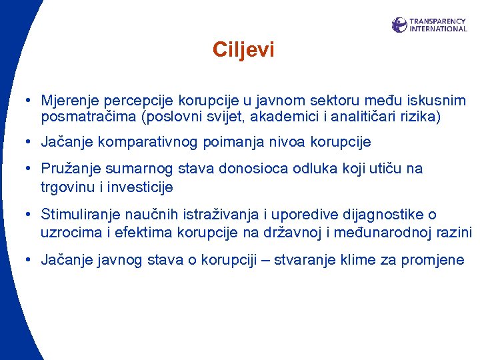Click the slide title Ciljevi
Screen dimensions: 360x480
tap(243, 50)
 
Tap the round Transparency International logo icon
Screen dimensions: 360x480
tap(399, 25)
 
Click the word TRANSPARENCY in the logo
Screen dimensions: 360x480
tap(438, 21)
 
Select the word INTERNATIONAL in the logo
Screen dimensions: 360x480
tap(438, 29)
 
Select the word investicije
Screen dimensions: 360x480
tap(140, 187)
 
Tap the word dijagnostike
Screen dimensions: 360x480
tap(382, 215)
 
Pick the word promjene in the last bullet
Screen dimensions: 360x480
tap(433, 260)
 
